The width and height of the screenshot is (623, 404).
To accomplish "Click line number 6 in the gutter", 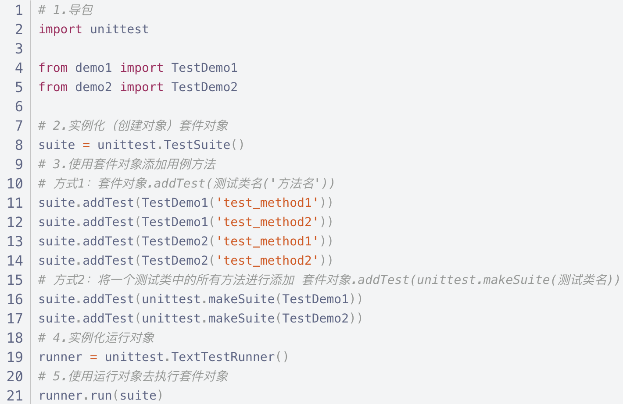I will tap(19, 106).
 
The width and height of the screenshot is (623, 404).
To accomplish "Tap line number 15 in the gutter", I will tap(15, 280).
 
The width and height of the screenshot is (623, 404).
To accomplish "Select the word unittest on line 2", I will tap(119, 29).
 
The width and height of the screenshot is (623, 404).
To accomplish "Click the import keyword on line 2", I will tap(60, 29).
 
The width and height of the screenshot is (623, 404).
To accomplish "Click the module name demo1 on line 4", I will tap(93, 68).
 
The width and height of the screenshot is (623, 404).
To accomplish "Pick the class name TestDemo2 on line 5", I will tap(204, 87).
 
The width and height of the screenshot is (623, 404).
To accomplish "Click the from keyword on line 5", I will tap(53, 87).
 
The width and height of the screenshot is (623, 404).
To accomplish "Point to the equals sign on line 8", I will tap(86, 145).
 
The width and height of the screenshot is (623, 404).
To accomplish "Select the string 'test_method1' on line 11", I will tap(267, 203).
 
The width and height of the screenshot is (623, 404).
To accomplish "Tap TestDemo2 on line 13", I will tap(175, 241).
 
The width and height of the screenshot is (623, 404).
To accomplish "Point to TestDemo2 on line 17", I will tap(315, 319).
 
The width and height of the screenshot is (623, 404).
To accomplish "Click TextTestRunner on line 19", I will tap(223, 357).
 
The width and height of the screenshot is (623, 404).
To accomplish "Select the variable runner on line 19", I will tap(61, 357).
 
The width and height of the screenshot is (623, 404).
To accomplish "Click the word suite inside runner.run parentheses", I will tap(138, 396).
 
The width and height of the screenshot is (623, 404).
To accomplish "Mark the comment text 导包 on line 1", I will tap(81, 10).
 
